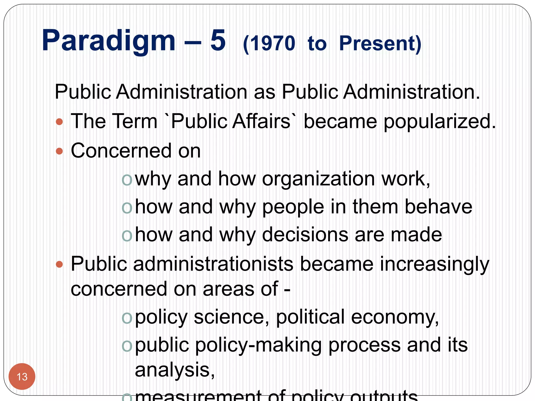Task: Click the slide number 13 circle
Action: [x=22, y=376]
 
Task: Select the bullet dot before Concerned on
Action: [x=60, y=151]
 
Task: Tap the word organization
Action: [x=318, y=179]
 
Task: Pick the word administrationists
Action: [x=213, y=264]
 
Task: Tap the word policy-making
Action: [x=259, y=345]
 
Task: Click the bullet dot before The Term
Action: [x=60, y=122]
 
